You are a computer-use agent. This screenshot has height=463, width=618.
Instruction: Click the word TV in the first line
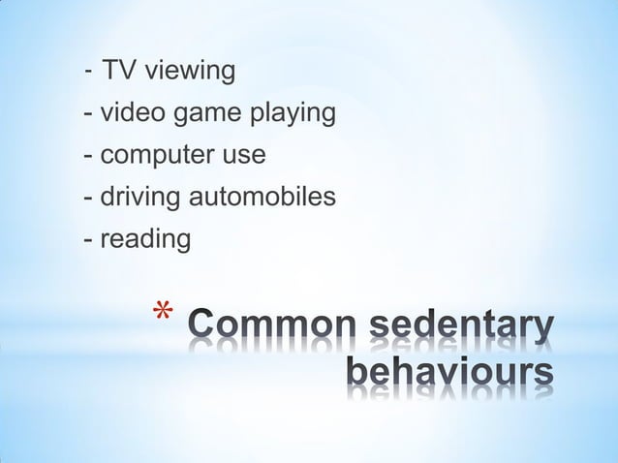pos(119,71)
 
